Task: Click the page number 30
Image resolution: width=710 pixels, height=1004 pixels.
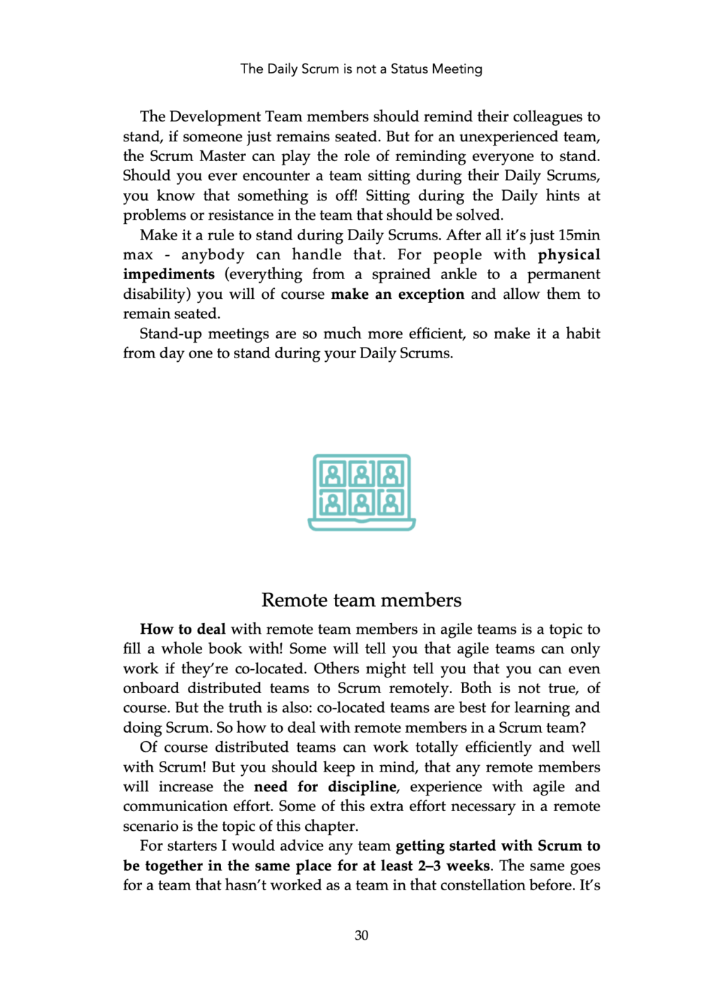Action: (361, 935)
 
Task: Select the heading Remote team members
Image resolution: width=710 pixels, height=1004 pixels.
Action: (361, 600)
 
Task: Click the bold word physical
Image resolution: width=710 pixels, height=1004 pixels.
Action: (569, 255)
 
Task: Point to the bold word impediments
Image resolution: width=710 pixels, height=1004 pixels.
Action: (169, 275)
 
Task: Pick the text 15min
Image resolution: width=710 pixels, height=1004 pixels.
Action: (579, 235)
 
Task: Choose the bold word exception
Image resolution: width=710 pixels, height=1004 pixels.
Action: (431, 295)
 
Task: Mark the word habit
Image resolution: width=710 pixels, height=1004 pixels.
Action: (583, 333)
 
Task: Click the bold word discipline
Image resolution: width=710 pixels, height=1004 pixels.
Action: (362, 787)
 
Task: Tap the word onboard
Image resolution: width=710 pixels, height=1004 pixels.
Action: (150, 689)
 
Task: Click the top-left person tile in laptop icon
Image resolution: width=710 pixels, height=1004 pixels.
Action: (333, 474)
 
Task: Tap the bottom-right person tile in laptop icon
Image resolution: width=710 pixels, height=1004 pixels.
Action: (391, 502)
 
